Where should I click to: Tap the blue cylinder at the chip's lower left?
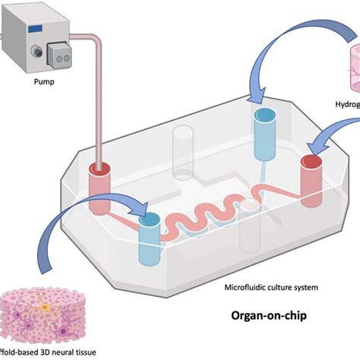[x=149, y=239]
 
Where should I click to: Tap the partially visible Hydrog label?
[x=346, y=106]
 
